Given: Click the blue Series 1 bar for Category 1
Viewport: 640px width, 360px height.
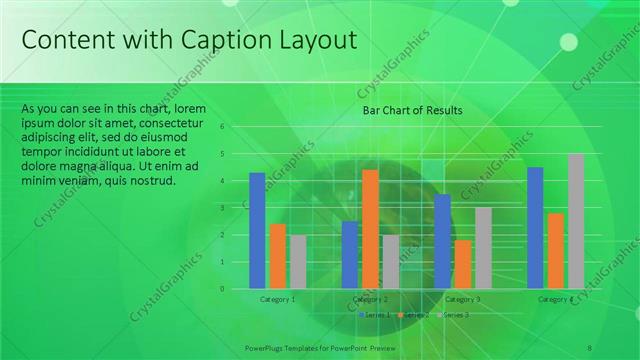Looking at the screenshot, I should coord(257,231).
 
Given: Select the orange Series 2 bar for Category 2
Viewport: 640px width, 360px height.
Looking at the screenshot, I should coord(370,229).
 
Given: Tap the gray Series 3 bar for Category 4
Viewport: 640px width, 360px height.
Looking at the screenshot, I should coord(576,221).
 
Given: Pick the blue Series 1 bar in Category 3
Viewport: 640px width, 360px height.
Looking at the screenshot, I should coord(442,241).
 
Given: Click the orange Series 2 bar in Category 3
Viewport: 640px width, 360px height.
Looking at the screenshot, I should coord(462,264).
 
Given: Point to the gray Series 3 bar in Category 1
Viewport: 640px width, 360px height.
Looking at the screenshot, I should coord(298,262).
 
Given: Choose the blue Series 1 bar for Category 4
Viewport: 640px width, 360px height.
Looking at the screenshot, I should coord(535,228).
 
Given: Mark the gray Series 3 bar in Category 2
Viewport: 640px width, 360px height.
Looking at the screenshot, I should coord(390,262).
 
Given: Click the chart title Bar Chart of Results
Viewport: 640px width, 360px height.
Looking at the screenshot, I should coord(412,111).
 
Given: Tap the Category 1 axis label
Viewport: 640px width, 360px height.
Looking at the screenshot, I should coord(277,299).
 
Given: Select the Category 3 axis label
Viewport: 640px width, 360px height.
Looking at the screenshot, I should coord(462,299).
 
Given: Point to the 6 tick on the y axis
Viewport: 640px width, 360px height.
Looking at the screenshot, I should coord(237,127).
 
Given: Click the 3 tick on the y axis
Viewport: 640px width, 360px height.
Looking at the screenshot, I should coord(237,208).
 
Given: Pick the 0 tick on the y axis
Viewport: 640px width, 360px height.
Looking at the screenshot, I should coord(237,289).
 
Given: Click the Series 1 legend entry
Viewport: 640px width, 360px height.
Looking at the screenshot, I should coord(376,315).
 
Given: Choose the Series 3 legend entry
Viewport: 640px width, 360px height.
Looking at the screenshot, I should coord(454,315).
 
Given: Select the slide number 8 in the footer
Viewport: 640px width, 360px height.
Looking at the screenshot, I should coord(590,347).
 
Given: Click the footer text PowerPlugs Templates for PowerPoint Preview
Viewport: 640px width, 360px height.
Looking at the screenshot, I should coord(321,347).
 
